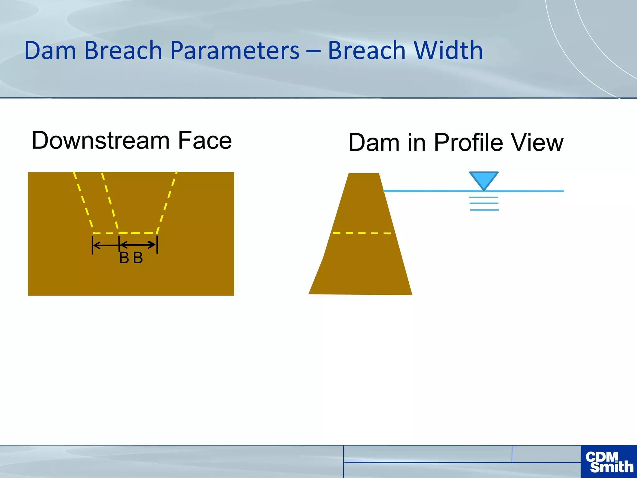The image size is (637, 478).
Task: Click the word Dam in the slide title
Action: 50,50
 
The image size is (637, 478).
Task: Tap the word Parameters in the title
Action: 235,50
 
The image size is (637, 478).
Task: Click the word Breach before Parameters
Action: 123,50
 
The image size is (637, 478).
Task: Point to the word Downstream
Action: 100,141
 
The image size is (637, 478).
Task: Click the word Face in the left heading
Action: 205,141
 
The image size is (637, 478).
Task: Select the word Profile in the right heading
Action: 468,143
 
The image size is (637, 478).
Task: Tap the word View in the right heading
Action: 537,143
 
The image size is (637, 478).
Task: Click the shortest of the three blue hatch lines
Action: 484,197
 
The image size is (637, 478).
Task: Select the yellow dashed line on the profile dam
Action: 362,233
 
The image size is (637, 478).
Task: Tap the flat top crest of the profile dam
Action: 364,174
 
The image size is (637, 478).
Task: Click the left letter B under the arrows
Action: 124,258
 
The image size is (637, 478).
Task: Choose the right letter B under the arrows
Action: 138,258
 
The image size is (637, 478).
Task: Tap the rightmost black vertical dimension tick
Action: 157,245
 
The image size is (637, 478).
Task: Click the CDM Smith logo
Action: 609,462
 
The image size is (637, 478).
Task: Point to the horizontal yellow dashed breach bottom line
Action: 124,233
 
